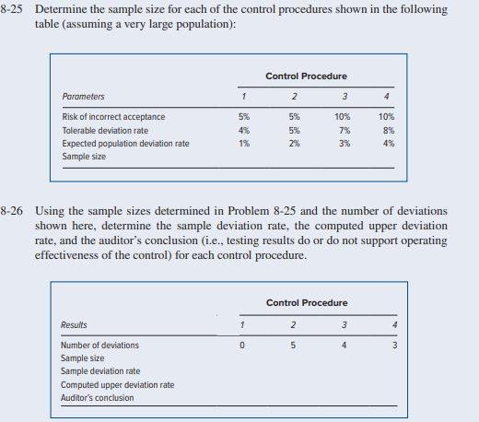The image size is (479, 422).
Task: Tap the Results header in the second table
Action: pos(74,324)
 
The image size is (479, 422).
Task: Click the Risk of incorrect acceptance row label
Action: pos(113,117)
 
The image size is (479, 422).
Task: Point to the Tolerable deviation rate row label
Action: pos(104,131)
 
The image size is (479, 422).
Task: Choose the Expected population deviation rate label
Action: pos(125,144)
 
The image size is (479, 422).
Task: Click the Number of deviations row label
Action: pos(99,346)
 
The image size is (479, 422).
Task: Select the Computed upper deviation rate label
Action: pos(117,384)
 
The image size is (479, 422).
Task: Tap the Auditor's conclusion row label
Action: pos(97,398)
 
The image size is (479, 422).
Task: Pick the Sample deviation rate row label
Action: pos(100,371)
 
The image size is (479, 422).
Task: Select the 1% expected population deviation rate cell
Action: pos(243,144)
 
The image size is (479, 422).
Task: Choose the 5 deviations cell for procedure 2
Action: pos(292,346)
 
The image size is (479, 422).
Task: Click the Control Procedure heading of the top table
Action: pos(306,76)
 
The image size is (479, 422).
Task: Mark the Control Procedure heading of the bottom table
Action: pos(306,303)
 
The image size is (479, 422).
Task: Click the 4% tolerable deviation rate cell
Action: pos(243,131)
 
